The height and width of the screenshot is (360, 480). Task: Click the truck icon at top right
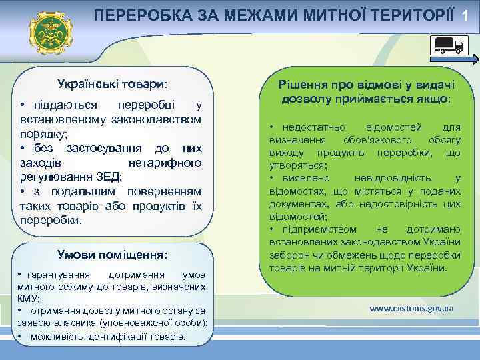[450, 45]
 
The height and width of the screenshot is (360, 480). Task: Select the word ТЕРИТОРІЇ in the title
[413, 15]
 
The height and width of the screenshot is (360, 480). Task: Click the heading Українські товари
[111, 85]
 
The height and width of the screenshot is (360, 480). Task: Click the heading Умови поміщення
[111, 255]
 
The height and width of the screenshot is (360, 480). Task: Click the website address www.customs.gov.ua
[411, 309]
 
